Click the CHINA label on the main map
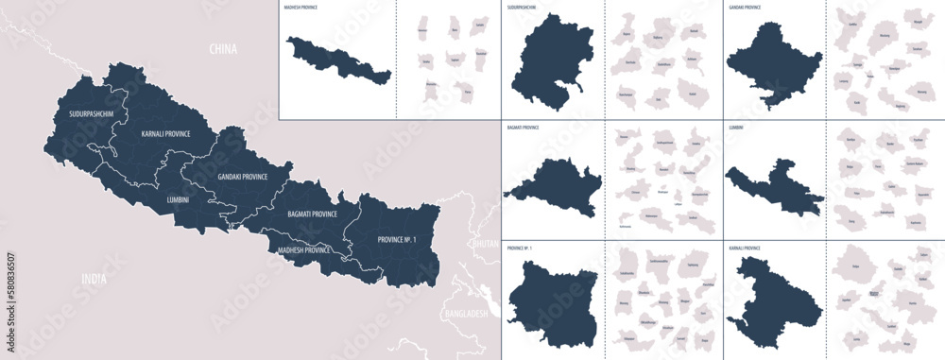pyautogui.click(x=224, y=48)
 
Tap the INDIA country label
pyautogui.click(x=94, y=281)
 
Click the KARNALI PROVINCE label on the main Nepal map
pyautogui.click(x=165, y=134)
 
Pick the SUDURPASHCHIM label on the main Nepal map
pyautogui.click(x=92, y=114)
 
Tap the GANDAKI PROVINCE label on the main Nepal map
pyautogui.click(x=242, y=177)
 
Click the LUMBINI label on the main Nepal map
pyautogui.click(x=177, y=199)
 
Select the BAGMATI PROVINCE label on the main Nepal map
pyautogui.click(x=312, y=214)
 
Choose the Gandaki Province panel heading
pyautogui.click(x=746, y=7)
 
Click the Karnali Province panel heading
pyautogui.click(x=746, y=248)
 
